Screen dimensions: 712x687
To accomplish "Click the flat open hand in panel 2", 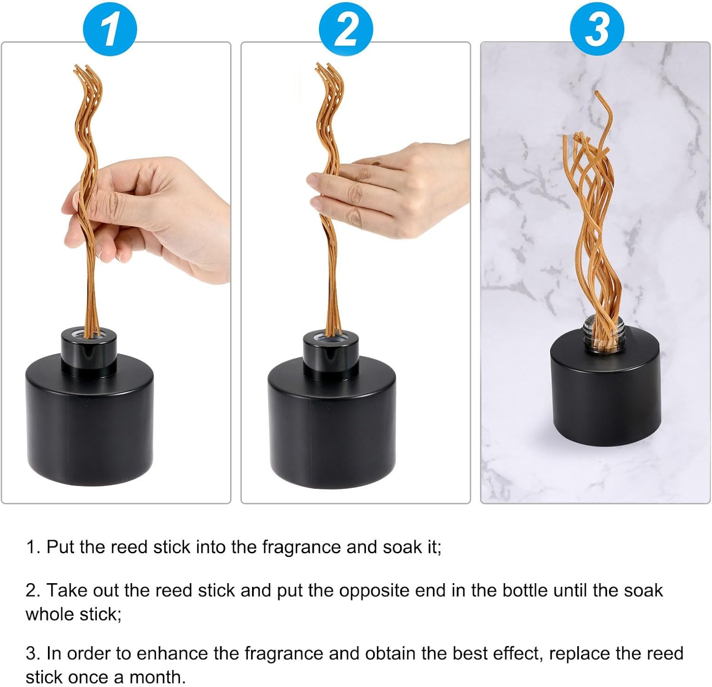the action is coord(389,190).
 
